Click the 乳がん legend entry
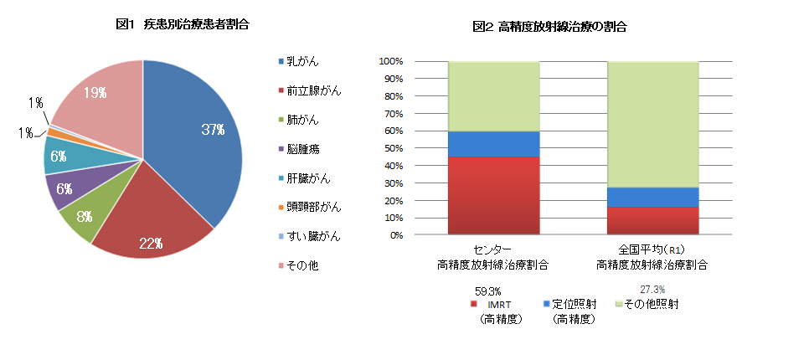coord(301,61)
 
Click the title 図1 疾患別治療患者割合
coord(182,24)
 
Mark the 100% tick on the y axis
coord(392,61)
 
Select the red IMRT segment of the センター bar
coord(494,195)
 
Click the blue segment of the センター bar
coord(494,144)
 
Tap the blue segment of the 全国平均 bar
coord(652,197)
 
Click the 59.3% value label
coord(488,291)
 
